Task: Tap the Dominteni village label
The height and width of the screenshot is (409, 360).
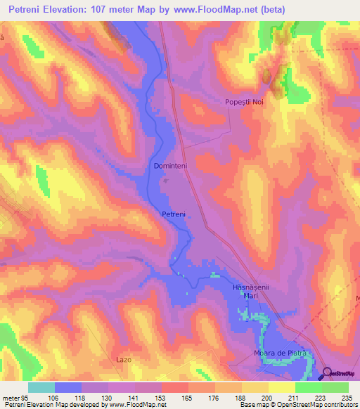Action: [x=170, y=167]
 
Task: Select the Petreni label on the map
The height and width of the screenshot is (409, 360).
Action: [x=174, y=214]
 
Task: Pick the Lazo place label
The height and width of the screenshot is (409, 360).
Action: [x=124, y=359]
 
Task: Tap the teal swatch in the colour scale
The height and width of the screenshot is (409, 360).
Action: [x=41, y=387]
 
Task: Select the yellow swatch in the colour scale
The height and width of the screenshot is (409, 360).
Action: [x=282, y=387]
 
